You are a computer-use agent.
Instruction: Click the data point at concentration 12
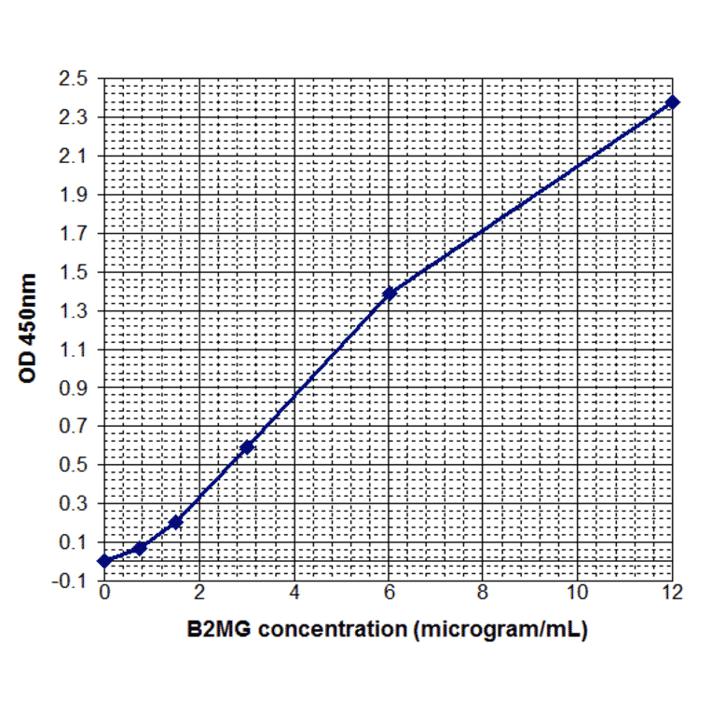(x=673, y=102)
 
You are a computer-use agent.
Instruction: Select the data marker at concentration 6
(x=390, y=294)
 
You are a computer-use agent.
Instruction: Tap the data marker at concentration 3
(x=247, y=447)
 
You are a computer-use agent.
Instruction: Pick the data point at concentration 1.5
(x=175, y=522)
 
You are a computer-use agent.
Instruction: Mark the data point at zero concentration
(x=104, y=561)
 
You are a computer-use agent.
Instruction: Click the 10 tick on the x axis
(x=578, y=593)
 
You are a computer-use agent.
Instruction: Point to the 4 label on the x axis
(x=294, y=593)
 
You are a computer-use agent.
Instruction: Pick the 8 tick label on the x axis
(x=484, y=593)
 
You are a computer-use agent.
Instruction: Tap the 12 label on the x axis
(x=673, y=593)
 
